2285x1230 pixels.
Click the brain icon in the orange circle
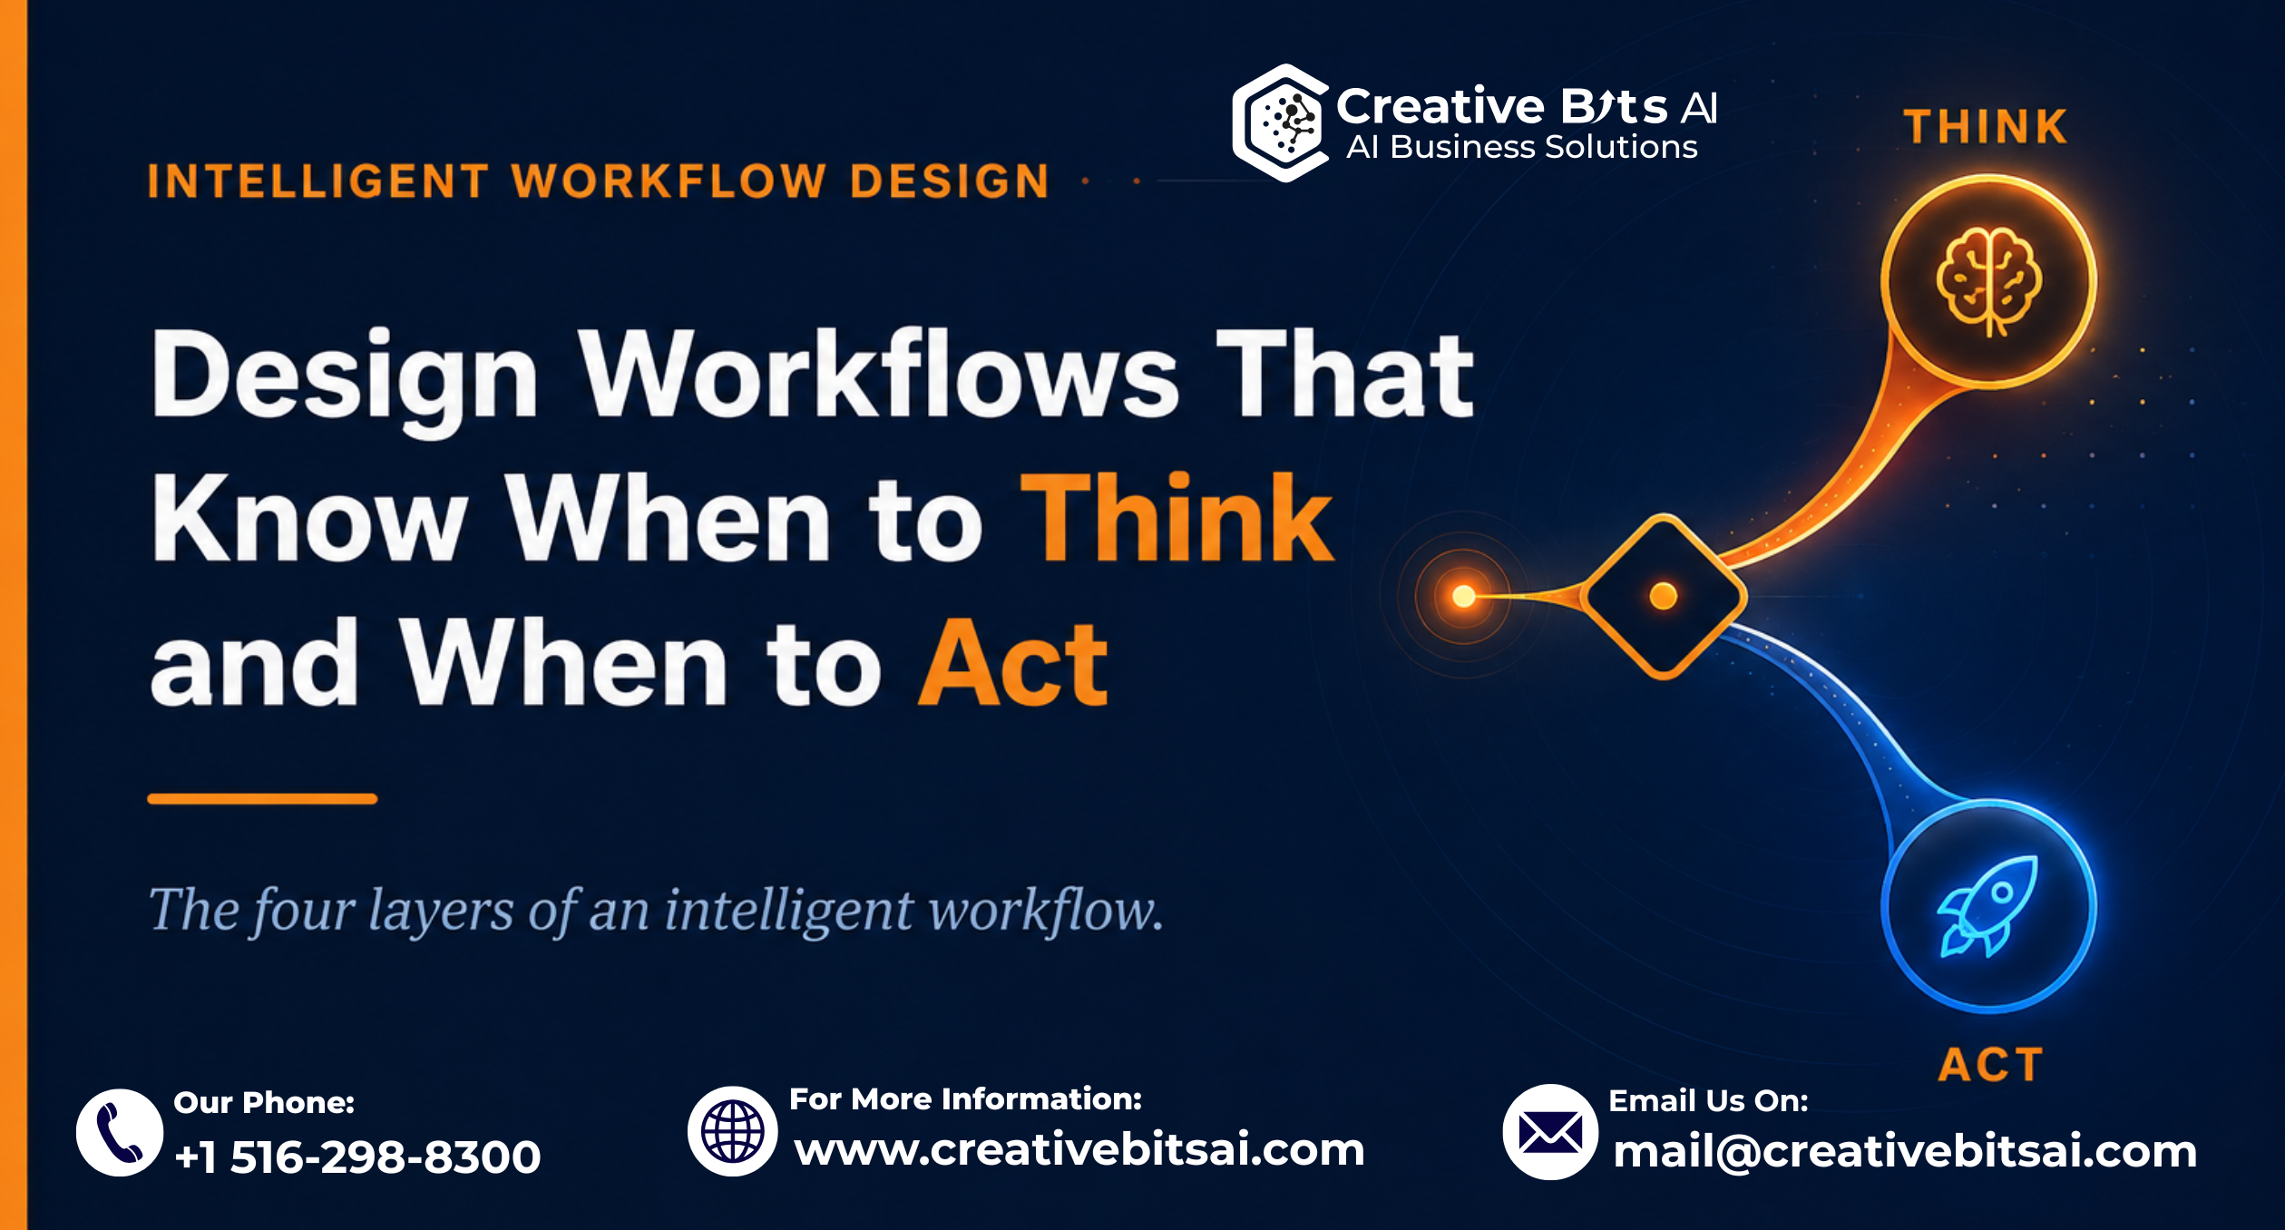pyautogui.click(x=1988, y=282)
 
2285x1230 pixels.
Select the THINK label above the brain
pyautogui.click(x=1985, y=127)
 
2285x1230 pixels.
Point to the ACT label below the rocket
pyautogui.click(x=1990, y=1064)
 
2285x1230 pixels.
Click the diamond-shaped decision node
pyautogui.click(x=1664, y=596)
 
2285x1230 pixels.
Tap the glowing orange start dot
pyautogui.click(x=1463, y=596)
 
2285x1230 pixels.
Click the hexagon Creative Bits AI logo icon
pyautogui.click(x=1280, y=122)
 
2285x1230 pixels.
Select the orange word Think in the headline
pyautogui.click(x=1177, y=518)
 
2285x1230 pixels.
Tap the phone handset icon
pyautogui.click(x=120, y=1133)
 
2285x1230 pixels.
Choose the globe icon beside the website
pyautogui.click(x=732, y=1131)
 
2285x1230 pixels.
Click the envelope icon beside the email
pyautogui.click(x=1550, y=1132)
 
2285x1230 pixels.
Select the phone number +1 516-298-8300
pyautogui.click(x=357, y=1157)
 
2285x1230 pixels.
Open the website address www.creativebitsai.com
pyautogui.click(x=1079, y=1150)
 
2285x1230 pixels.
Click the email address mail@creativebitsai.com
pyautogui.click(x=1905, y=1152)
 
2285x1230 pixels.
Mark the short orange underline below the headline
pyautogui.click(x=262, y=799)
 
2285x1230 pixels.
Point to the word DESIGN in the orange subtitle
pyautogui.click(x=950, y=181)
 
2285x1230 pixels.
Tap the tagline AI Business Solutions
pyautogui.click(x=1521, y=147)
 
